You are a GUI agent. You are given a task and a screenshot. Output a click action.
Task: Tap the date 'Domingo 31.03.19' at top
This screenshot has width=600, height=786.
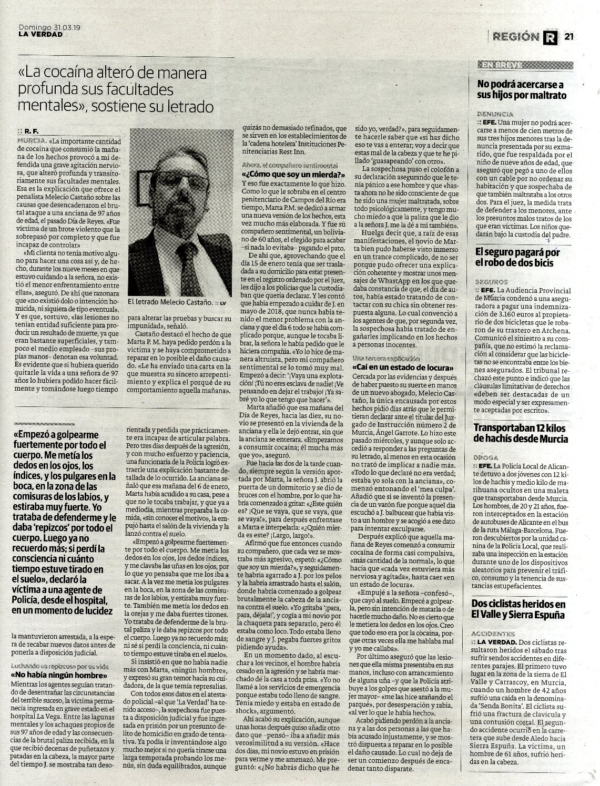pos(53,27)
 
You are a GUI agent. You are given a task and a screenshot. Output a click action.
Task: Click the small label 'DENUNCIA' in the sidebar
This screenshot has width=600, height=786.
pos(495,114)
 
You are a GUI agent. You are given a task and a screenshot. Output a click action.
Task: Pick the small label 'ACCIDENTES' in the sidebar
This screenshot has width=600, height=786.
pos(497,634)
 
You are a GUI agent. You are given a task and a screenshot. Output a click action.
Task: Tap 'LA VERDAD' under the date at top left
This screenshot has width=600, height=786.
pos(40,35)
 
